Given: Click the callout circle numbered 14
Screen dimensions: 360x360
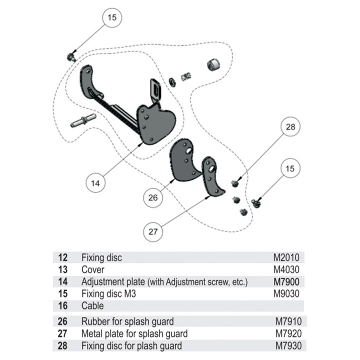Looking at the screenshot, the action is [x=95, y=183].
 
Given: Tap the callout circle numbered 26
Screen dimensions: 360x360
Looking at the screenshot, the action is [x=153, y=197].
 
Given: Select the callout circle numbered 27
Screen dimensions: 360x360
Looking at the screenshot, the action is [x=153, y=231].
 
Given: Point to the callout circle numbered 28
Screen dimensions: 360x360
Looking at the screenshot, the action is [x=290, y=126].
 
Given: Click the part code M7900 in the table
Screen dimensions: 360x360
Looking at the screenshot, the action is [x=286, y=281].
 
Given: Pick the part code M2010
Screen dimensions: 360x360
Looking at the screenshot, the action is [x=286, y=257].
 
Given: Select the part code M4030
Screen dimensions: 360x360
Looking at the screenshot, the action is [x=286, y=269].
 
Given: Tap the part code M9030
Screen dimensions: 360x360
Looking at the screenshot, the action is [x=286, y=293].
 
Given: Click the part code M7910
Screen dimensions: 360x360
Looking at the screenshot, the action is [x=288, y=321].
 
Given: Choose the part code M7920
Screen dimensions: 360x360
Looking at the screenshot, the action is [x=288, y=333].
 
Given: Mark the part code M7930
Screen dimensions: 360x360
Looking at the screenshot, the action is [x=288, y=346].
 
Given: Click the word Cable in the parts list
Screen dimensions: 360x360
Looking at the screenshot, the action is [x=92, y=306].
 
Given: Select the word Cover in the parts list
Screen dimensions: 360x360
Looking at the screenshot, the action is [x=93, y=269].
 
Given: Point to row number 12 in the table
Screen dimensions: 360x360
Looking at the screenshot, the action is [x=62, y=257].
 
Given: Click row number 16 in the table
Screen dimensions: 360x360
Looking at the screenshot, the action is [x=62, y=306].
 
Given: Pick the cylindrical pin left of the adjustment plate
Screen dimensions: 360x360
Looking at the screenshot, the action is [x=83, y=120].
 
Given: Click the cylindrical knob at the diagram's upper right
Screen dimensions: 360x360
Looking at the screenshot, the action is [x=213, y=64].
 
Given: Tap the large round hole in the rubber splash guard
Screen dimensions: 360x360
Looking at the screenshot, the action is [x=189, y=150].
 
